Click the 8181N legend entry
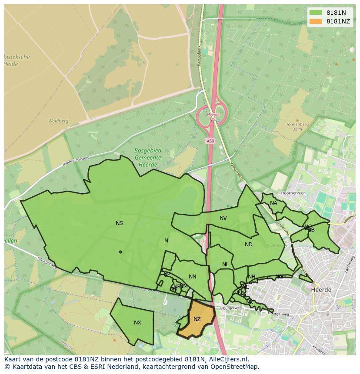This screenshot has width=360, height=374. (x=329, y=13)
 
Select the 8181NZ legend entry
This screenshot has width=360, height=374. (x=329, y=21)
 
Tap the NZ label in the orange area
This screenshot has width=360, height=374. (x=197, y=319)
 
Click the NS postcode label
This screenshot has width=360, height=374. (x=119, y=223)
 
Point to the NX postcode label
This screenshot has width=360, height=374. (x=137, y=323)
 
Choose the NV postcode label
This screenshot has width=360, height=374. (x=223, y=218)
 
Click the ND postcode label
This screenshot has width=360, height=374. (x=248, y=245)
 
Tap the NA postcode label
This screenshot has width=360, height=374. (x=273, y=203)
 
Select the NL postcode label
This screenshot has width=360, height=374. (x=225, y=265)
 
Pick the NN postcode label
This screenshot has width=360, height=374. (x=193, y=277)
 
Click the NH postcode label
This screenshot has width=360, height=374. (x=252, y=277)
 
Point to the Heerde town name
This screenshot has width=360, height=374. (x=321, y=290)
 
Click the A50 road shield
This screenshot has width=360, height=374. (x=210, y=141)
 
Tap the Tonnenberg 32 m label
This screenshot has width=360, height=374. (x=297, y=126)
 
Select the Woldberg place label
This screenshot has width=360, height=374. (x=58, y=121)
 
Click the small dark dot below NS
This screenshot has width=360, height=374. (x=120, y=252)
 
